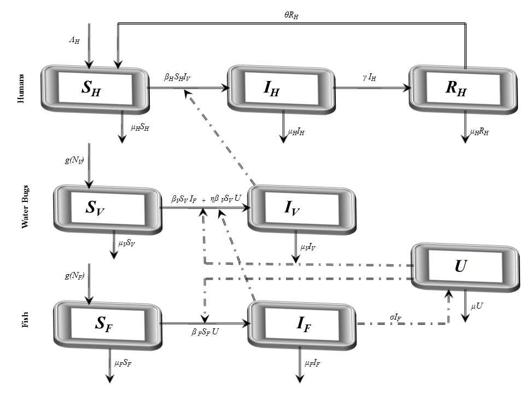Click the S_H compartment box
(x=95, y=88)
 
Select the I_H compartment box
(x=282, y=88)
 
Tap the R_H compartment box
(x=463, y=88)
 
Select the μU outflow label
(x=477, y=305)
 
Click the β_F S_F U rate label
(x=205, y=333)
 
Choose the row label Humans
(x=21, y=88)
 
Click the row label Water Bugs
(x=25, y=208)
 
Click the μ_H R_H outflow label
(x=480, y=132)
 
